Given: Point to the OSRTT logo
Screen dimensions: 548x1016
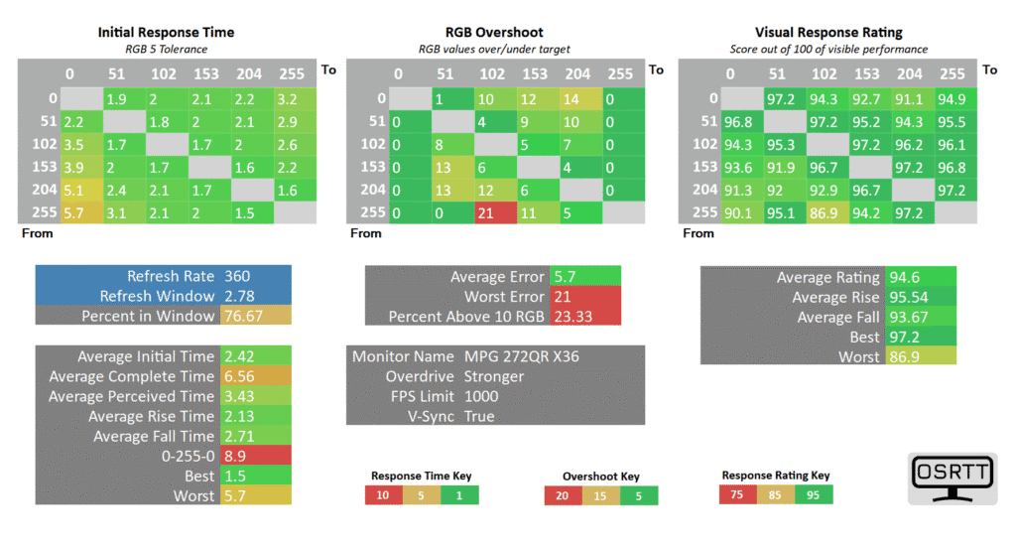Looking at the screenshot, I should (x=952, y=479).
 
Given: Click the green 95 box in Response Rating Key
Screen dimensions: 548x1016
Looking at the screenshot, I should (x=813, y=494).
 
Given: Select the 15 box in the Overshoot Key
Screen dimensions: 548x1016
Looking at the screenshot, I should (x=600, y=495).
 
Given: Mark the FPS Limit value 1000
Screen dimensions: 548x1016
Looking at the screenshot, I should (x=482, y=396).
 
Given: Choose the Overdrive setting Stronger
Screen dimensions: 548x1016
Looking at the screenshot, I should (x=494, y=376).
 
